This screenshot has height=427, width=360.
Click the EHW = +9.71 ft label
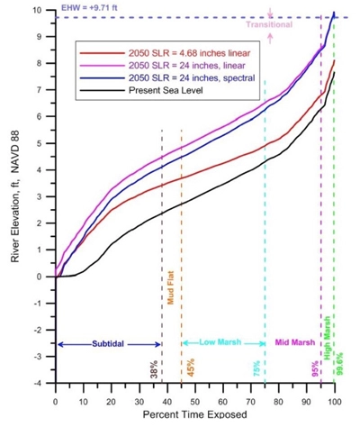85,6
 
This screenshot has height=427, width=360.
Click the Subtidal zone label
107,344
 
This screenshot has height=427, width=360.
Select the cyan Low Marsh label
222,343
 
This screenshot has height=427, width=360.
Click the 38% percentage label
155,370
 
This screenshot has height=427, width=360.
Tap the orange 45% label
192,369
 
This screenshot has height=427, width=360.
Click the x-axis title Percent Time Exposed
193,415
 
